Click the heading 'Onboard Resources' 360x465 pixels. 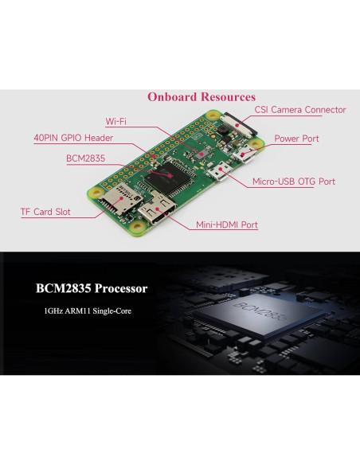click(x=201, y=96)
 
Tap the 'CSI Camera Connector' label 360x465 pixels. click(x=299, y=110)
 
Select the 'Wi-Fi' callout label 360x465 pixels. click(x=115, y=122)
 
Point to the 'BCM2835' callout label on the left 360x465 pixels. click(x=86, y=158)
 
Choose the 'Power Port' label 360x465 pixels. click(x=296, y=139)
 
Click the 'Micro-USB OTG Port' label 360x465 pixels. click(x=293, y=182)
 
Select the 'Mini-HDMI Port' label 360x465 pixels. click(x=227, y=225)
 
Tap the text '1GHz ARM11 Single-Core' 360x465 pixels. click(x=89, y=310)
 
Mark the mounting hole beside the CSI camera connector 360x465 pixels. click(x=213, y=115)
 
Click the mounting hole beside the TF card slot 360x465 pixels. click(x=95, y=192)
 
